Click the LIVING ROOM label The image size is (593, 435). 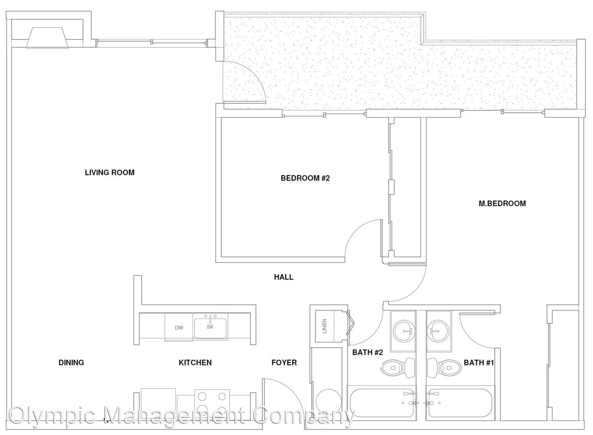point(109,172)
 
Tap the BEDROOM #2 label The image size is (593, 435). point(305,178)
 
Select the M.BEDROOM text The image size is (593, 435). point(502,203)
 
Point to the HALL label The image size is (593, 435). point(284,277)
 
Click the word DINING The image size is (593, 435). point(71,362)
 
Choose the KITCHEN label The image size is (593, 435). point(195,362)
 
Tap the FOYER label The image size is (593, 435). point(284,362)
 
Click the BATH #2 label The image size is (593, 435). point(367,352)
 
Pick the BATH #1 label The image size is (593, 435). point(479,362)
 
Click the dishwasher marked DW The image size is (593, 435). point(179,327)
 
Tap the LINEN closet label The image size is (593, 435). point(325,326)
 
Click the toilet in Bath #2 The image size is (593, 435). point(398,368)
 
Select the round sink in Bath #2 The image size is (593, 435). point(404,331)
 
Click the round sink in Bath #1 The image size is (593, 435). point(439,331)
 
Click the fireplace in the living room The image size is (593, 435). point(47,38)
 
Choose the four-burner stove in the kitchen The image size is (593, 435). point(212,404)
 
